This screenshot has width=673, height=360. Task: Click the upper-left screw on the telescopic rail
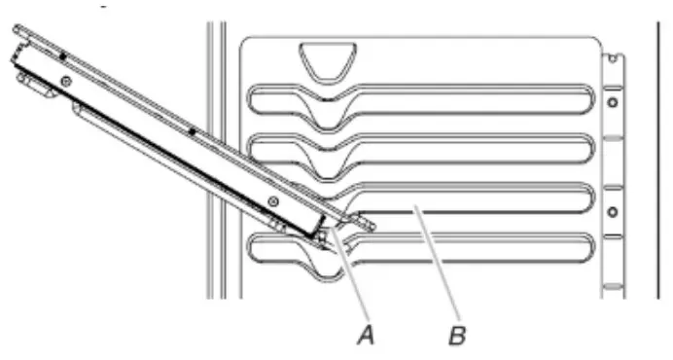click(x=65, y=82)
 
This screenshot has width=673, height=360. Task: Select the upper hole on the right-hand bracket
click(x=612, y=100)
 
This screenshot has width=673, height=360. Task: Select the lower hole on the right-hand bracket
click(x=612, y=210)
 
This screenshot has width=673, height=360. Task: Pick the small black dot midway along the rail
click(x=193, y=129)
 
